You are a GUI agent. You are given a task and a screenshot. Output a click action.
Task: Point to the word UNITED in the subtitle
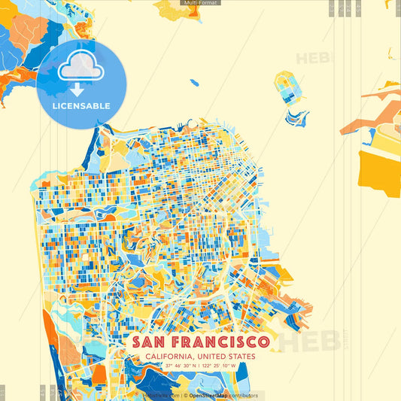point(214,357)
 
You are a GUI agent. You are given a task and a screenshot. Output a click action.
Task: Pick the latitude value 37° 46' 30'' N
point(179,366)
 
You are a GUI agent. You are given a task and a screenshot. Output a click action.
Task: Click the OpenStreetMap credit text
point(208,395)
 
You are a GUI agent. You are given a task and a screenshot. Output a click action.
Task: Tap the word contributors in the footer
point(243,395)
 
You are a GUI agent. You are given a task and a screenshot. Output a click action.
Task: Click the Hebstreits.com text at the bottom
point(160,395)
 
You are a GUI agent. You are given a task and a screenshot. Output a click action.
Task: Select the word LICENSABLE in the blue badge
point(81,106)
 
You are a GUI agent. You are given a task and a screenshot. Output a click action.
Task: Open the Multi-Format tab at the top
point(200,3)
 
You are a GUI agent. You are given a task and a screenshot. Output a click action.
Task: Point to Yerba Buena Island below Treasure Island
point(296,117)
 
